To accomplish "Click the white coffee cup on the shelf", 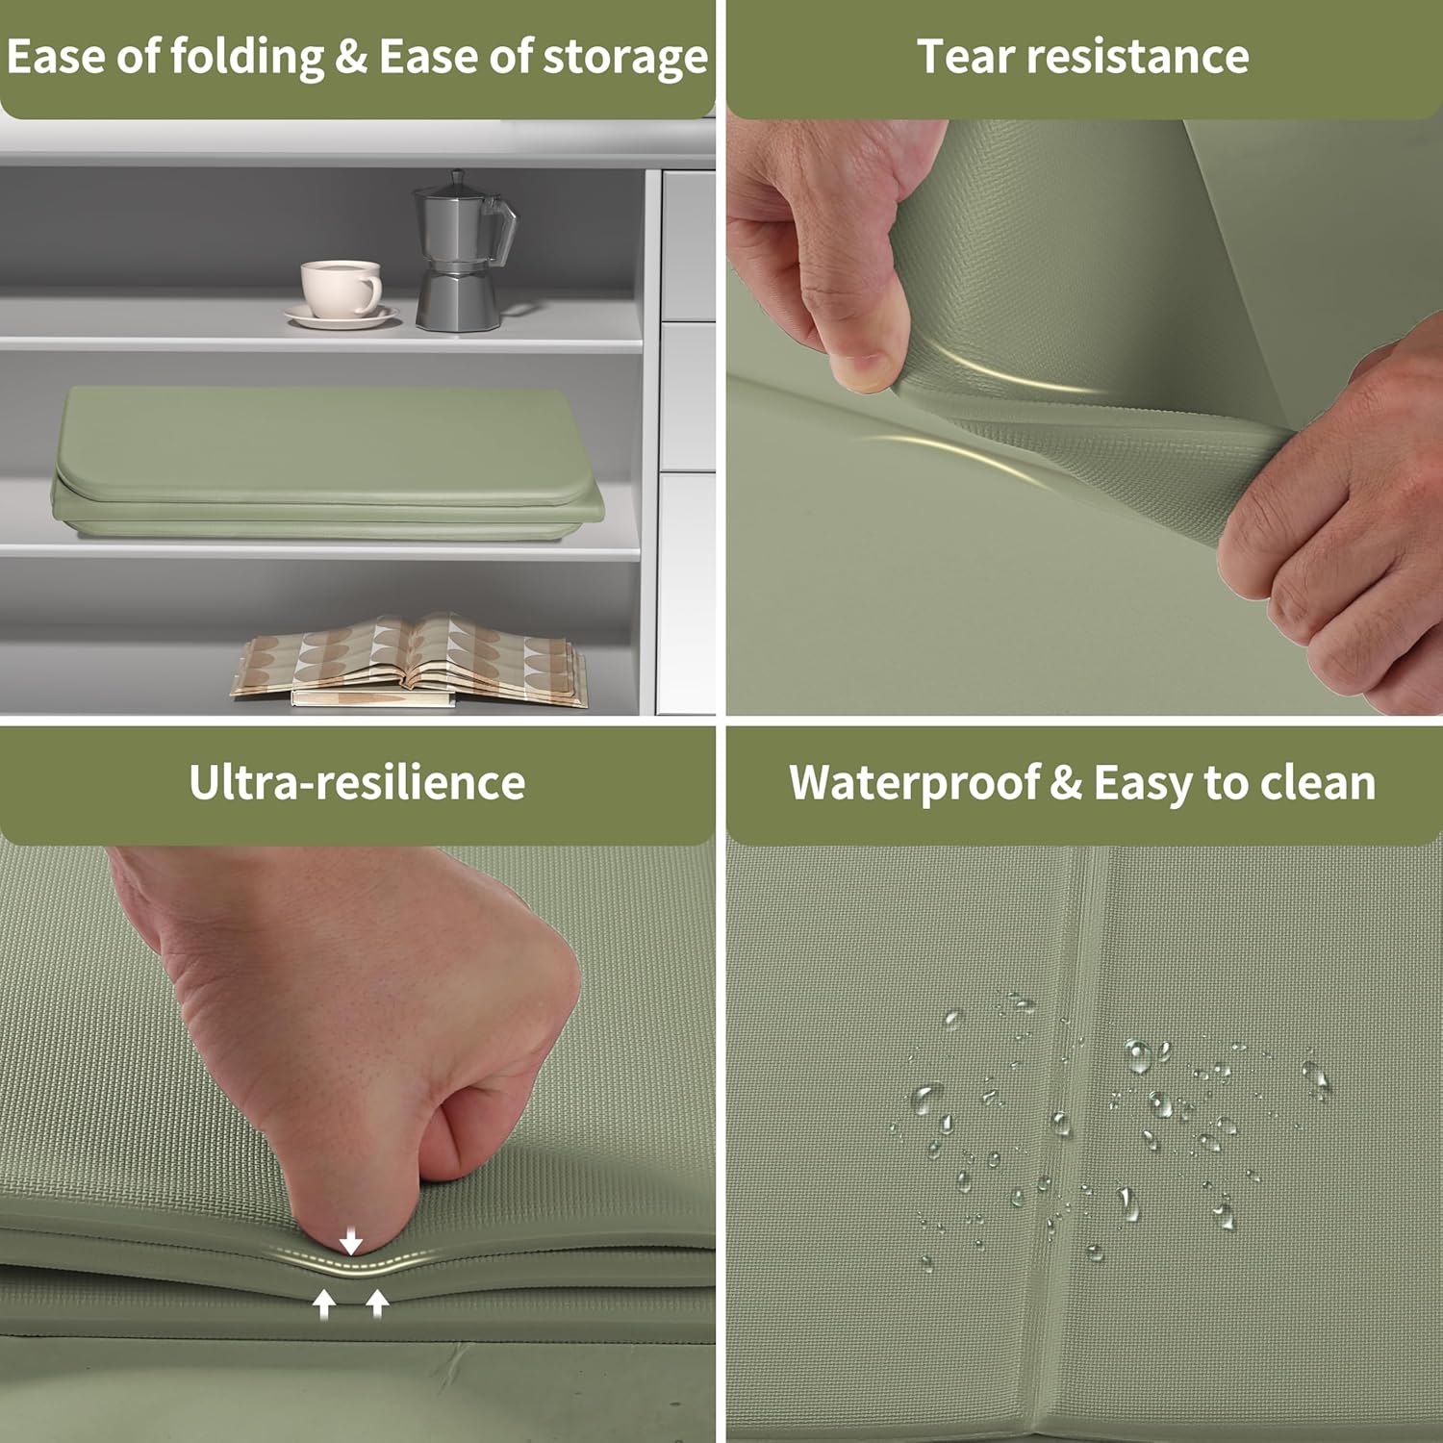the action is pos(340,288).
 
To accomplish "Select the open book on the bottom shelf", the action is pos(410,661).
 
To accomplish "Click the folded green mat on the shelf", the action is pos(327,462).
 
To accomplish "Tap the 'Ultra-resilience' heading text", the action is pos(357,782).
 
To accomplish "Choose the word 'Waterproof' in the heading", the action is pos(913,784).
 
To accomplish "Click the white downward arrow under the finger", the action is pos(351,1241).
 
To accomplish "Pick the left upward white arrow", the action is pos(324,1304).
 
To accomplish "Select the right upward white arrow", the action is pos(377,1304).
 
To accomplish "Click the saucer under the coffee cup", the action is pos(342,316).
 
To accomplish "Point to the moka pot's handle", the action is pos(501,231).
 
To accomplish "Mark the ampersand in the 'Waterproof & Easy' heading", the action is pos(1065,782).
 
